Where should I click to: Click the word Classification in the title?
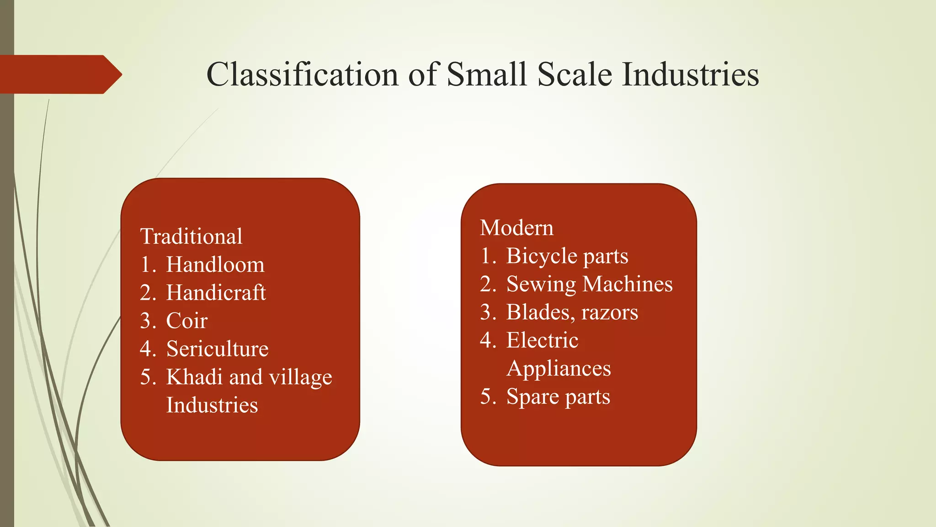(x=302, y=74)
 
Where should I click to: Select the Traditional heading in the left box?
(x=191, y=237)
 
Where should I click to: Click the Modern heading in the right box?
(x=516, y=228)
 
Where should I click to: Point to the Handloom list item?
(x=215, y=265)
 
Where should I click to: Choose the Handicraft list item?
(x=216, y=293)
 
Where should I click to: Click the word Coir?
(x=187, y=321)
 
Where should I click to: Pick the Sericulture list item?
(x=217, y=349)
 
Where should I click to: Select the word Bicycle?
(x=542, y=256)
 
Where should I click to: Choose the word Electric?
(x=542, y=340)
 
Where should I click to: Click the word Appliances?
(x=558, y=369)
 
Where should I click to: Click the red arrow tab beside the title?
(x=59, y=74)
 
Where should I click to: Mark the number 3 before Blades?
(x=486, y=312)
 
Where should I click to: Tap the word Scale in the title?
(x=574, y=74)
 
